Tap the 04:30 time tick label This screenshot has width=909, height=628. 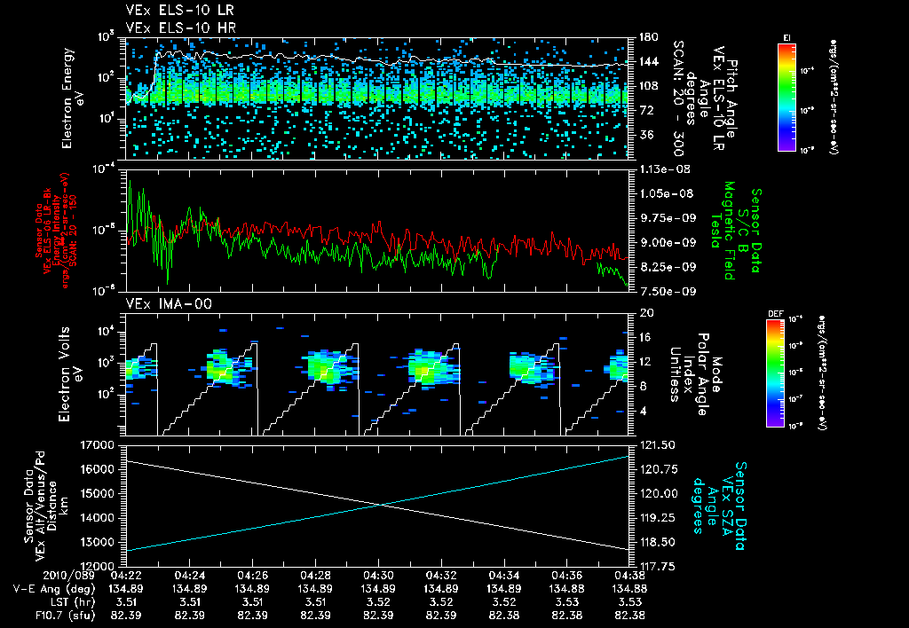point(379,575)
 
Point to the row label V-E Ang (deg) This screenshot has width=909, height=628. point(52,588)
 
